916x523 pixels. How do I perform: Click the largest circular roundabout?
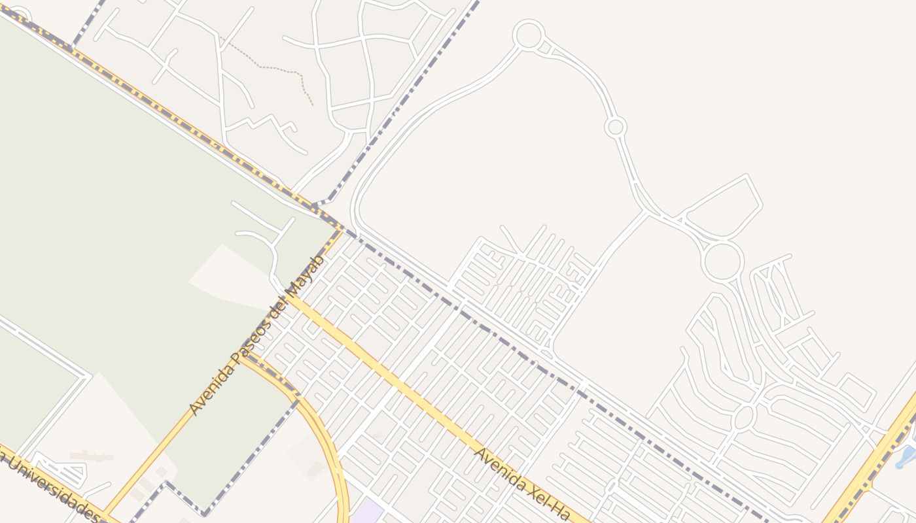click(722, 261)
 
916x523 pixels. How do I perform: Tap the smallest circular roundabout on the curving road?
click(615, 127)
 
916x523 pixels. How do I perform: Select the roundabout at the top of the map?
click(529, 35)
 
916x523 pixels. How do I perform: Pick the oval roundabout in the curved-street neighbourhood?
click(745, 417)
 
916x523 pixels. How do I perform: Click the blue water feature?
click(906, 457)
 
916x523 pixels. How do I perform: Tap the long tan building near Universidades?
click(92, 456)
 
